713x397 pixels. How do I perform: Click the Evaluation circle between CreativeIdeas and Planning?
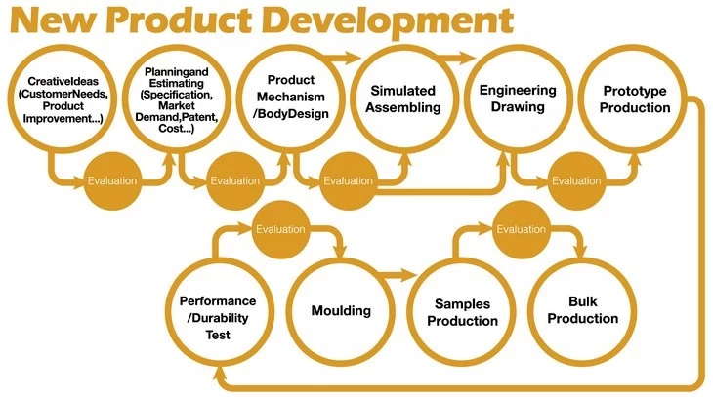coord(112,180)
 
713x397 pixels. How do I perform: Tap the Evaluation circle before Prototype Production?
coord(576,180)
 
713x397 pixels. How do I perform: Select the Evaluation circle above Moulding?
coord(280,229)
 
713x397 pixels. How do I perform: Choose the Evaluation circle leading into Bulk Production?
coord(522,229)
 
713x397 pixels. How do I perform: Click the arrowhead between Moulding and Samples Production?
coord(408,274)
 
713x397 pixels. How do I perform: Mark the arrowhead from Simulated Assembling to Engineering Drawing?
coord(468,58)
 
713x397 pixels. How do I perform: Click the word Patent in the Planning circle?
coord(203,117)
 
